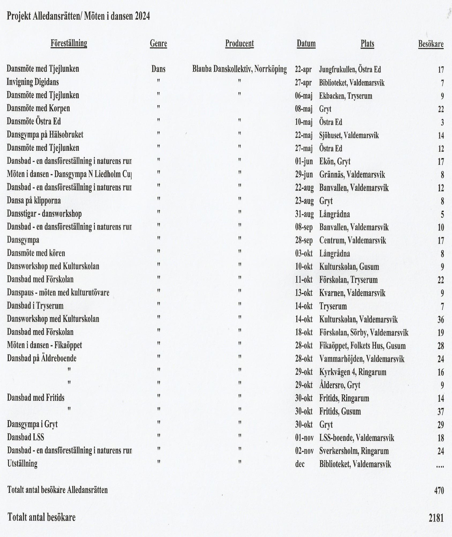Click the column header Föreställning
[x=69, y=43]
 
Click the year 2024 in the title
[x=142, y=17]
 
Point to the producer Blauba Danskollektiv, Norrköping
[x=239, y=69]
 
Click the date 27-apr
[x=303, y=83]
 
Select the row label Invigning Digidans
[x=33, y=82]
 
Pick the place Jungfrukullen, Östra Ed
[x=350, y=70]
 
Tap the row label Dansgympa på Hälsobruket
[x=45, y=135]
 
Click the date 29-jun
[x=304, y=175]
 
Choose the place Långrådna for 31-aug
[x=334, y=214]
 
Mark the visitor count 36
[x=440, y=320]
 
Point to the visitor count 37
[x=440, y=412]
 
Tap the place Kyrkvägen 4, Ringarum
[x=353, y=372]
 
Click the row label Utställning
[x=22, y=464]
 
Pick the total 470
[x=439, y=491]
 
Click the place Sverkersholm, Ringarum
[x=354, y=451]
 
